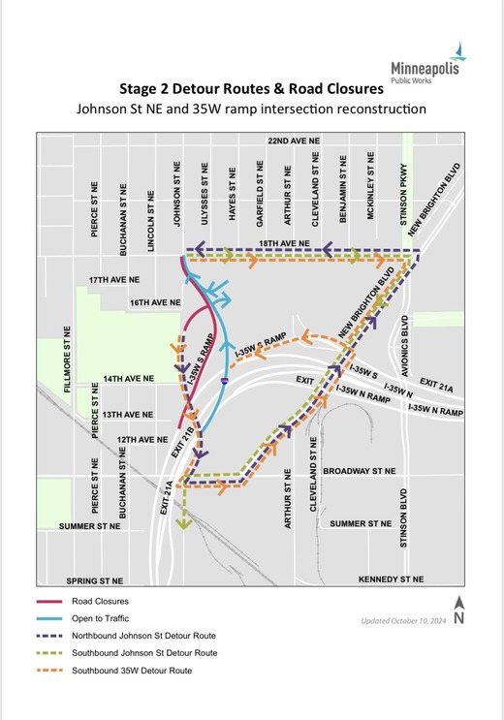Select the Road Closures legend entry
tap(101, 601)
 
